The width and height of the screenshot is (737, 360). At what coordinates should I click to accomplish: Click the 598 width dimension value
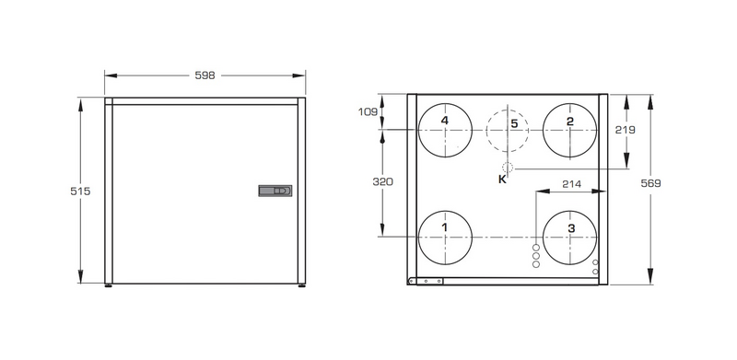point(205,75)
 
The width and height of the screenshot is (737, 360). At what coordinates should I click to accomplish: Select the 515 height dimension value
point(80,192)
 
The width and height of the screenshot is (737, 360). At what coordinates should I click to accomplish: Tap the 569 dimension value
point(651,183)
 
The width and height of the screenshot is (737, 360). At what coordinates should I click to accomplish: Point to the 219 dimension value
point(626,130)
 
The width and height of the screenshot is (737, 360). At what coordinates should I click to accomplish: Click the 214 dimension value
point(571,184)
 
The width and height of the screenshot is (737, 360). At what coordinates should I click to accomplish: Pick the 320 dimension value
point(382,181)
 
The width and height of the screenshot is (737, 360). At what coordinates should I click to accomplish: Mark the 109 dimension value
point(368,111)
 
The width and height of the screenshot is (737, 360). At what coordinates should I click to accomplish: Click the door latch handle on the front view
point(275,191)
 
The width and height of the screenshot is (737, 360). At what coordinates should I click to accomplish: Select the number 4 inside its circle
point(445,121)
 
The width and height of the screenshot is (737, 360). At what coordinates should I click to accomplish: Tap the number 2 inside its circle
point(570,122)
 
